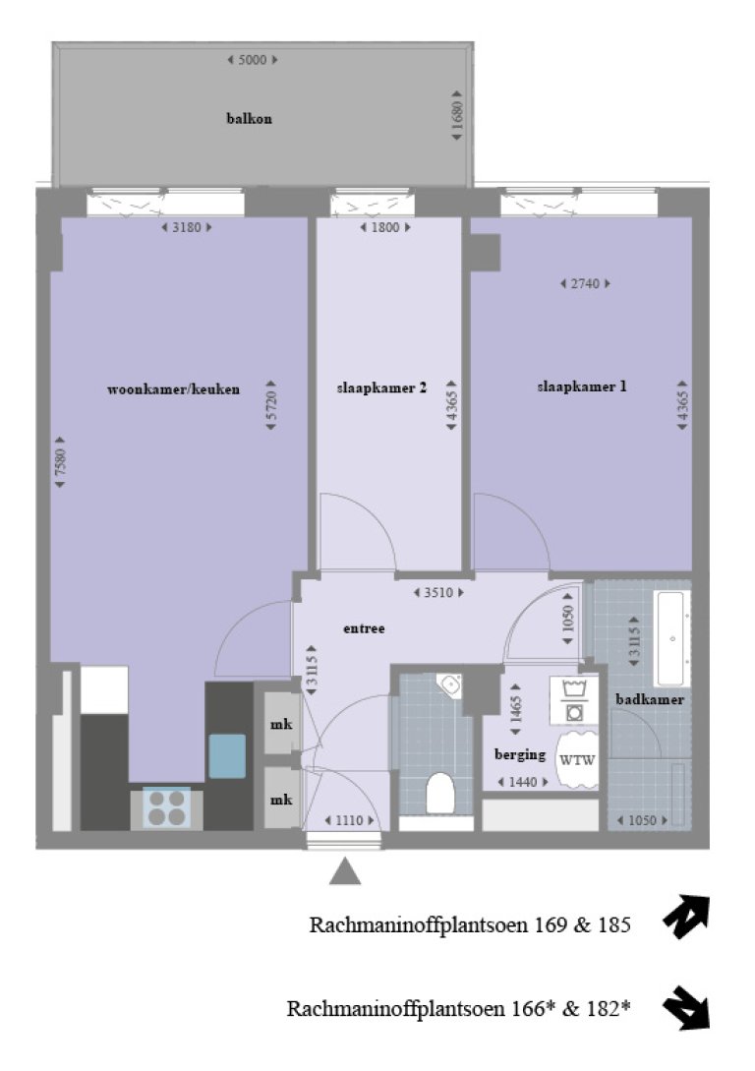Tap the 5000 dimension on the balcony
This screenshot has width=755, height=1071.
253,60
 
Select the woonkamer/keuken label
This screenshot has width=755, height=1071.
173,389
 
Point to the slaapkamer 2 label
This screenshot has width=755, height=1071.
380,387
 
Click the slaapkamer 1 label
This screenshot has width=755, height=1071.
582,387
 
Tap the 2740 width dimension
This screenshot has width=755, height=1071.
585,283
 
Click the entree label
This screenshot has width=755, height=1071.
364,628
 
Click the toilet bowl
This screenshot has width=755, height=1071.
439,792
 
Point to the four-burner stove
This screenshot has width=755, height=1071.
166,807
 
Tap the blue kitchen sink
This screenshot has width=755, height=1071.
227,756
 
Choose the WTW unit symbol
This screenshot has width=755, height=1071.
576,759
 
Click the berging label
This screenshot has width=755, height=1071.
520,755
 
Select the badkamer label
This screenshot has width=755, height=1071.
650,699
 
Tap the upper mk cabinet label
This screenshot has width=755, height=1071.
280,725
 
